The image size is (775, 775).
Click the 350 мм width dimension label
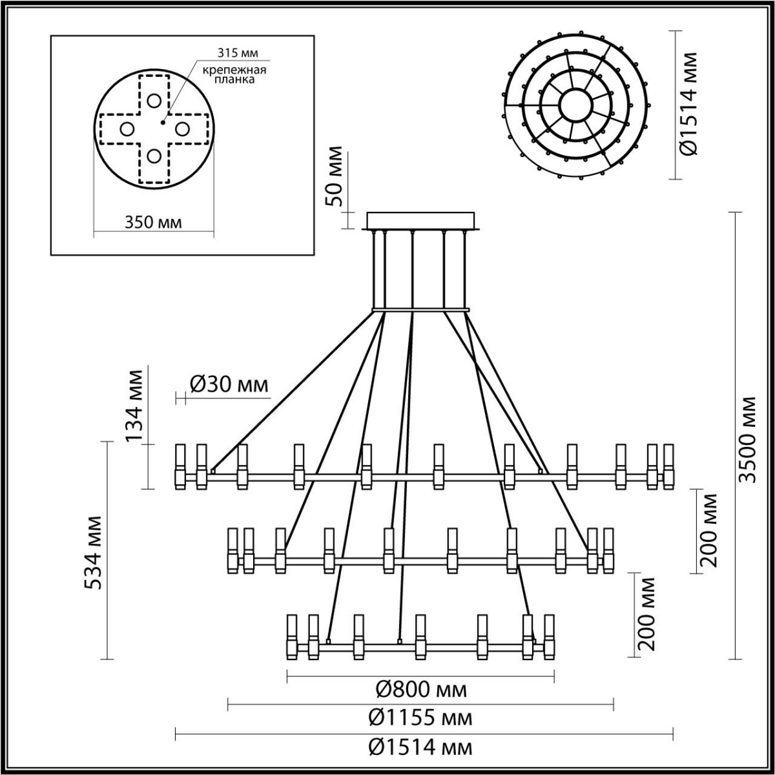coord(152,222)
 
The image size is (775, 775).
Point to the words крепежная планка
coord(231,76)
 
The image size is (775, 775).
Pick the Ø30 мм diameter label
coord(229,385)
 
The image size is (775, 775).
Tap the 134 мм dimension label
coord(135,405)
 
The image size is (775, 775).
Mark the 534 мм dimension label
coord(96,553)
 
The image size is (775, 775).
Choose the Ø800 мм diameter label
coord(421,690)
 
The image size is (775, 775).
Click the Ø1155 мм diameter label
coord(420,718)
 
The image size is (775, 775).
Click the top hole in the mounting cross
coord(153,101)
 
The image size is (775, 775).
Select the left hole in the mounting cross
coord(127,129)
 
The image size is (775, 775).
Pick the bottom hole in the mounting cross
coord(153,156)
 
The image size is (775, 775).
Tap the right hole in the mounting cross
coord(181,129)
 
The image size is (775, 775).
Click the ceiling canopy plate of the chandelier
coord(421,220)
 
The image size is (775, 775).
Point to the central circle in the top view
coord(575,103)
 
